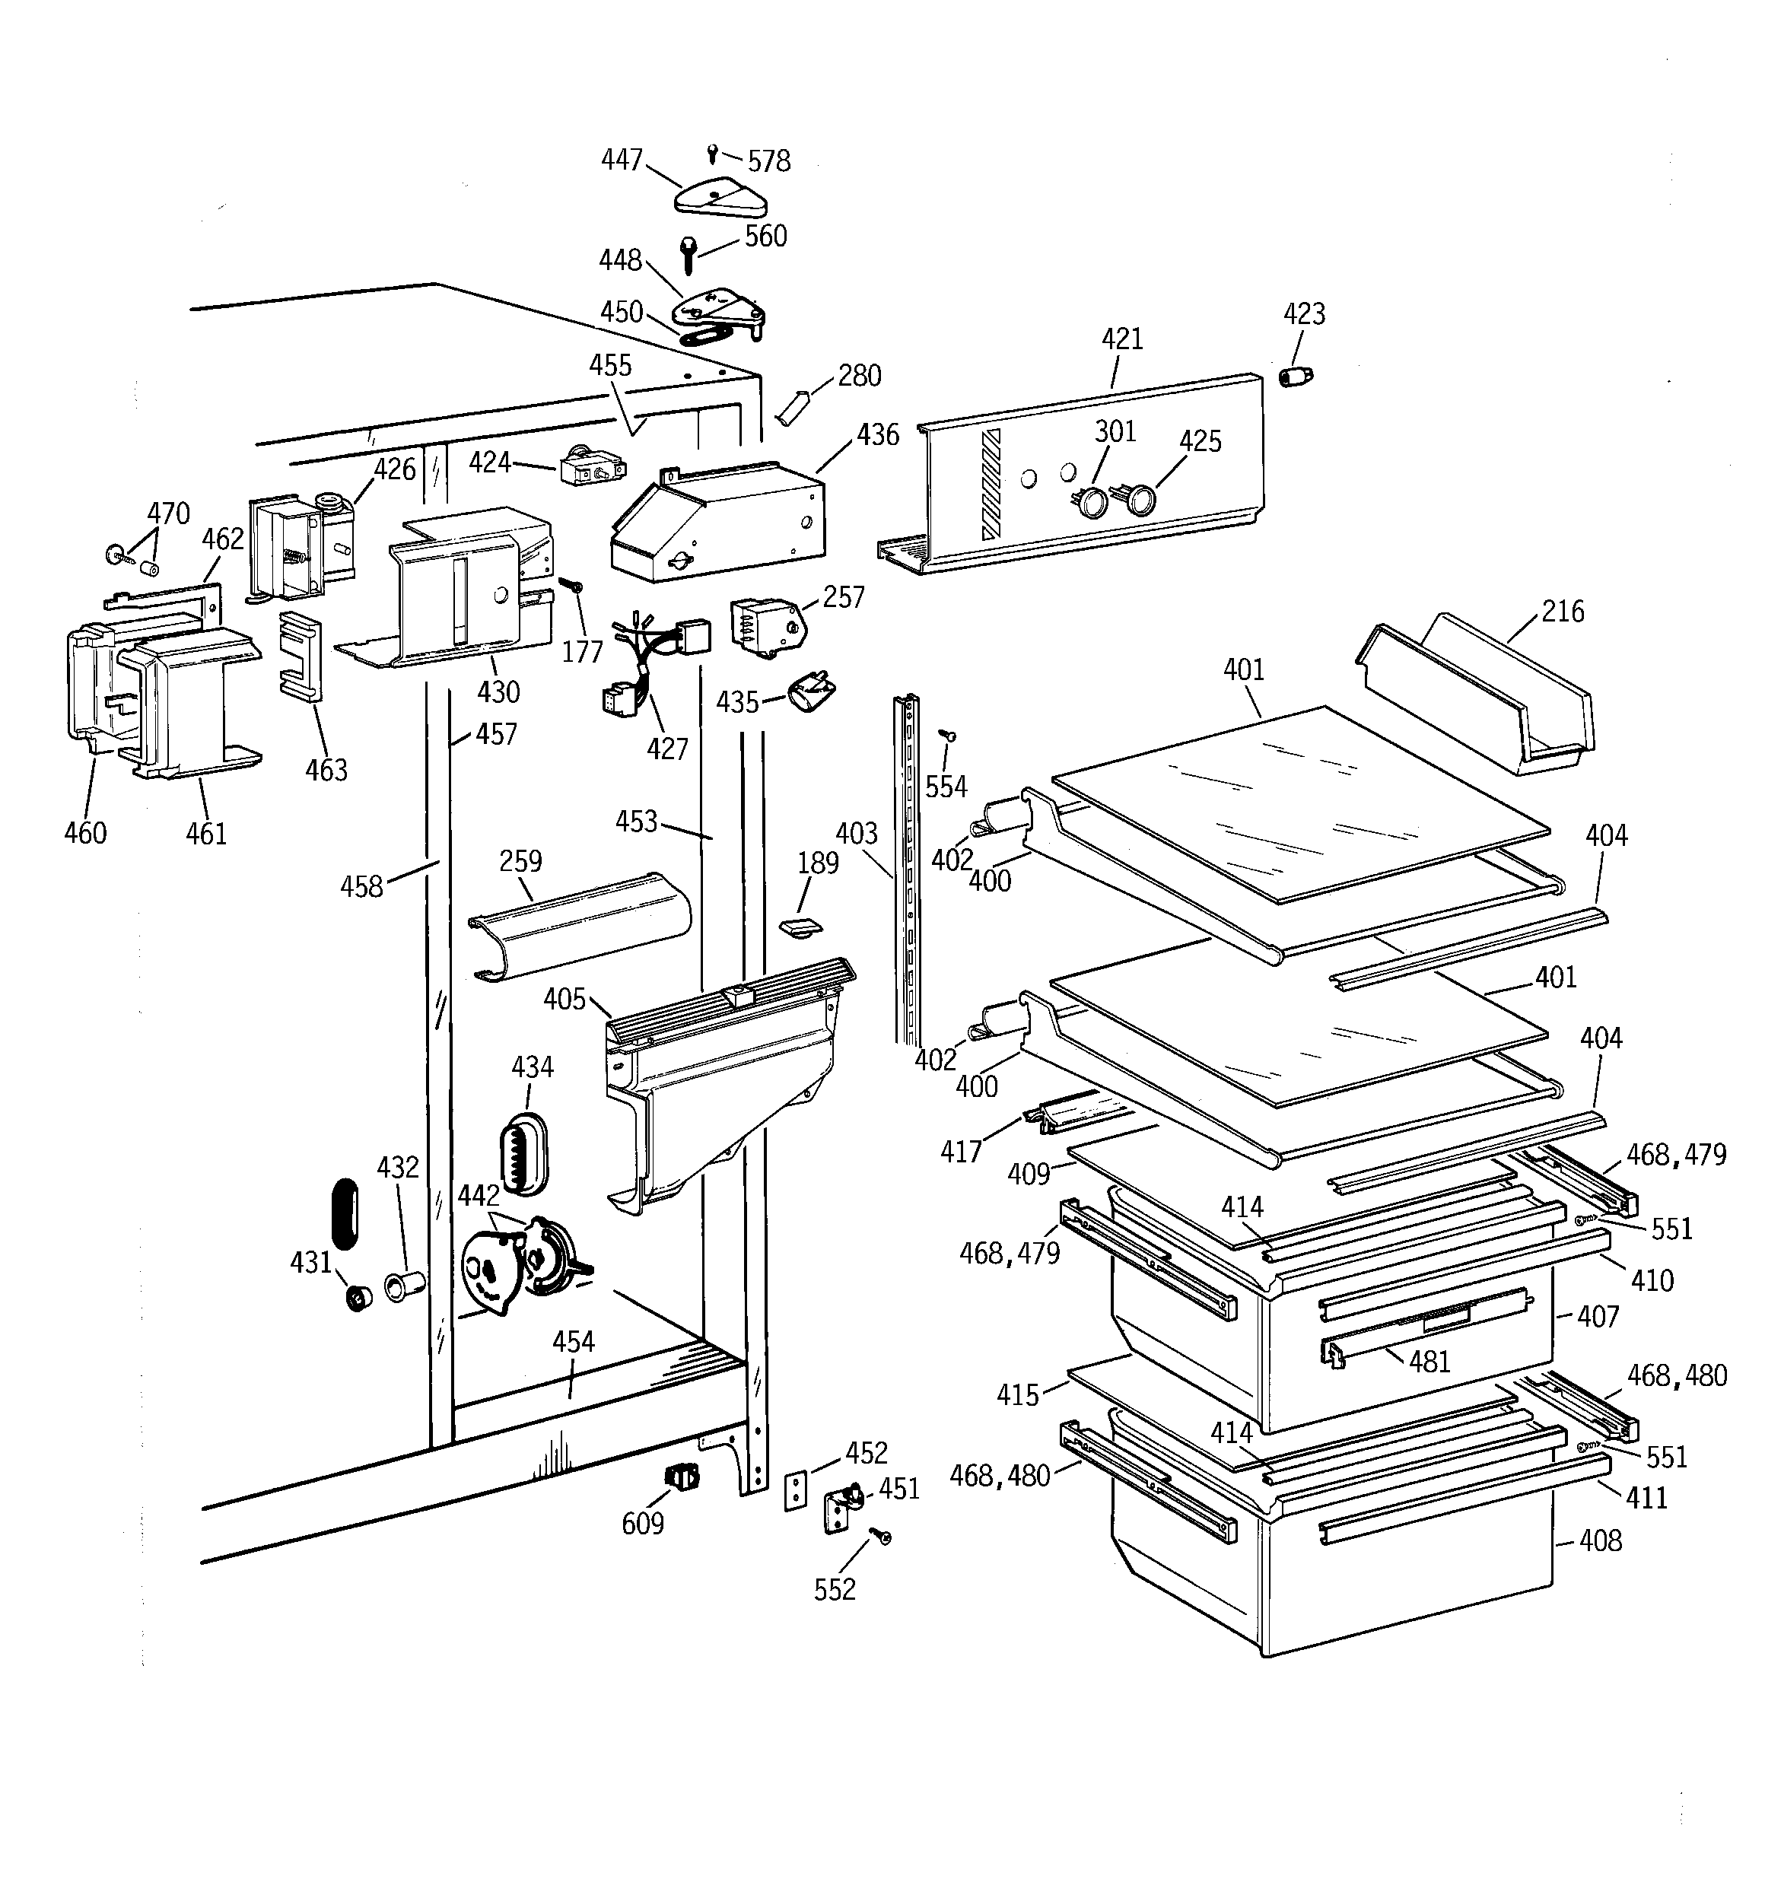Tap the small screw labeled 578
point(713,151)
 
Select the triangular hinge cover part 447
point(720,196)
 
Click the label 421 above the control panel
point(1122,339)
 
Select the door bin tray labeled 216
point(1477,696)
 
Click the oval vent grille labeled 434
point(523,1152)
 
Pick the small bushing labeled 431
point(358,1299)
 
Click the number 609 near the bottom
point(642,1524)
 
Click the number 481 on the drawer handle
point(1429,1362)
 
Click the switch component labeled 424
point(593,469)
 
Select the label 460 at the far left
point(84,833)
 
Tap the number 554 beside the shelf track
point(946,787)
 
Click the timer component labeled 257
point(763,625)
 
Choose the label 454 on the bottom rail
point(573,1341)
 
